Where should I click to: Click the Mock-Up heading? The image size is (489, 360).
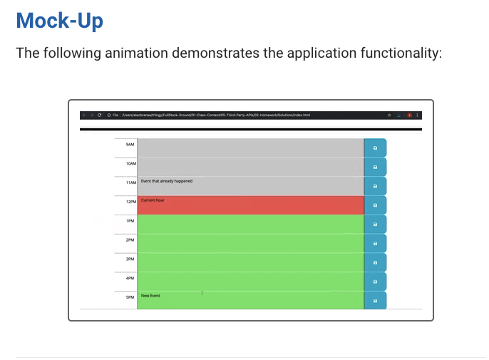coord(59,20)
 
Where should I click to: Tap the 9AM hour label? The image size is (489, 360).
coord(130,145)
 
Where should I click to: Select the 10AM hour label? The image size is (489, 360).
coord(130,163)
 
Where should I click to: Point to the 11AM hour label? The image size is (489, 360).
coord(130,183)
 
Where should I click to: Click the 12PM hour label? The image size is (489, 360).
coord(130,202)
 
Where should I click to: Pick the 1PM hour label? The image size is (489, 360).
coord(130,221)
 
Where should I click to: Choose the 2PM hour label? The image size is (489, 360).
coord(130,240)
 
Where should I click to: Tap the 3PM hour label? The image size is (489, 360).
coord(130,259)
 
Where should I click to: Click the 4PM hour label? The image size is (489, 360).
coord(130,278)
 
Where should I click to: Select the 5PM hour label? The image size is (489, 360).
coord(130,297)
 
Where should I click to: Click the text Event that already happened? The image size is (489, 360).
coord(166,181)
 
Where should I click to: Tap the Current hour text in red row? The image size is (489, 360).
coord(153,200)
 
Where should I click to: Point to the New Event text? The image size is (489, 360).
coord(150,295)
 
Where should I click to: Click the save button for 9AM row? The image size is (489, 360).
coord(375,148)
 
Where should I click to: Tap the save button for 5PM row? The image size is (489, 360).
coord(375,301)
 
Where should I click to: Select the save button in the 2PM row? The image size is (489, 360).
coord(375,244)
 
